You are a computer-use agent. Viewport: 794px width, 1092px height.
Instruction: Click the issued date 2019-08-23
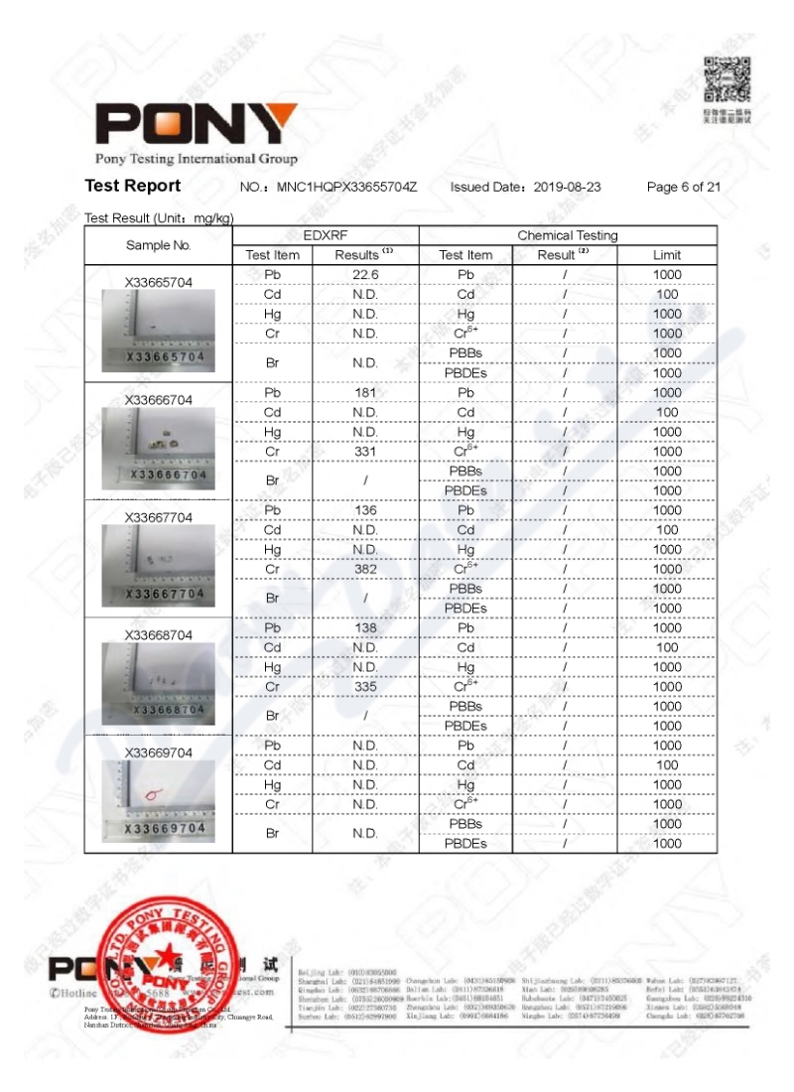pos(568,187)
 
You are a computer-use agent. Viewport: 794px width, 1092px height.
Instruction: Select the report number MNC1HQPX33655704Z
pos(346,187)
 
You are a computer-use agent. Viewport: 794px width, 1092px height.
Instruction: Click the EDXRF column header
pos(326,235)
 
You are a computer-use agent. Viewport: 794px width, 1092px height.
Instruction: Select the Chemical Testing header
pos(567,235)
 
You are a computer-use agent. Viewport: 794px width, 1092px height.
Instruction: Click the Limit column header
pos(666,255)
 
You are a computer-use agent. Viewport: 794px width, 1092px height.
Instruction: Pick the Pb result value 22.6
pos(365,274)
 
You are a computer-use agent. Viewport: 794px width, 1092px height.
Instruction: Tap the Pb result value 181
pos(365,392)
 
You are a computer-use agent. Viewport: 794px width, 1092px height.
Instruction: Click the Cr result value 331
pos(365,452)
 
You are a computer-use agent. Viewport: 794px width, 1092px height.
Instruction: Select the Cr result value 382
pos(365,569)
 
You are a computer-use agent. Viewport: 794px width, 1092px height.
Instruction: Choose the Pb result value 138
pos(365,628)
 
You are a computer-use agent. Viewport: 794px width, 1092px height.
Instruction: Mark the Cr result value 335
pos(365,687)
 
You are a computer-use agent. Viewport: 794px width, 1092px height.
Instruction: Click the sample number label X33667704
pos(159,517)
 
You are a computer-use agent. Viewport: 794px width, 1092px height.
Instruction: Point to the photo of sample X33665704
pos(159,333)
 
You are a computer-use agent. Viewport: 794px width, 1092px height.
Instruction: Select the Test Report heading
pos(133,186)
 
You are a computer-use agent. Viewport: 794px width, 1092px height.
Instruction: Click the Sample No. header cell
pos(159,245)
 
